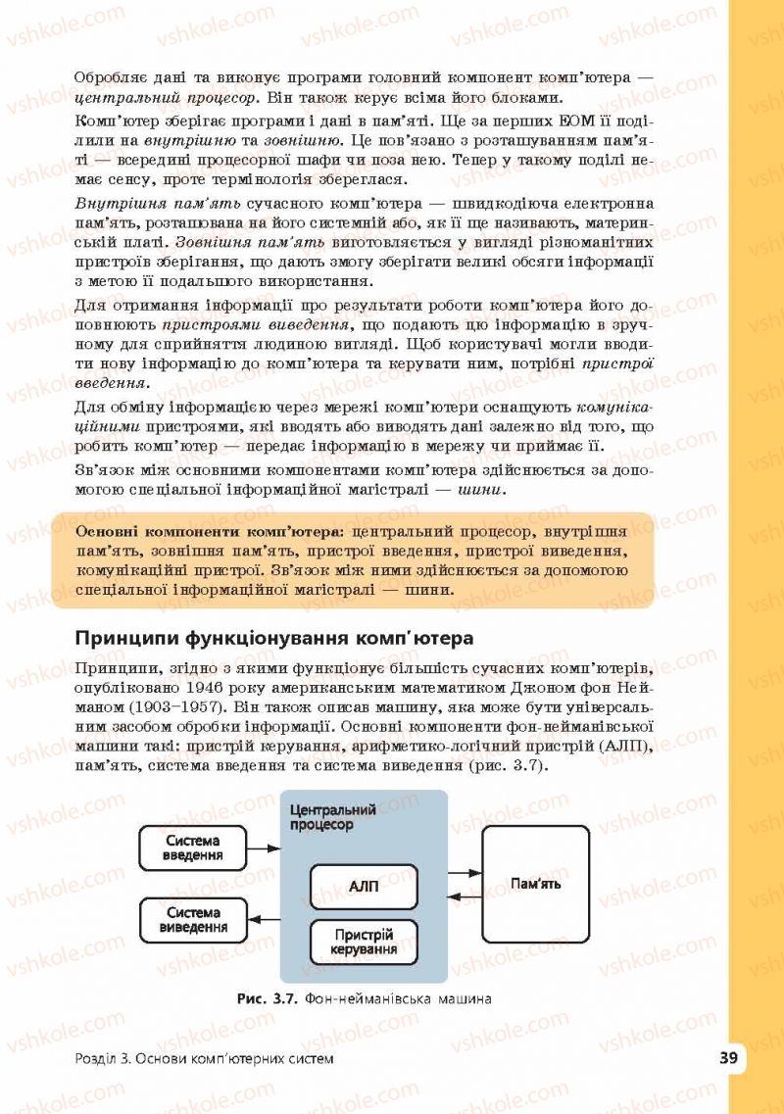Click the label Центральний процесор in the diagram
(x=333, y=817)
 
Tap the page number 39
(x=727, y=1057)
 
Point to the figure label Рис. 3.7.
(x=267, y=999)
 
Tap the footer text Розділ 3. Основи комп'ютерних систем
(x=204, y=1059)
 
